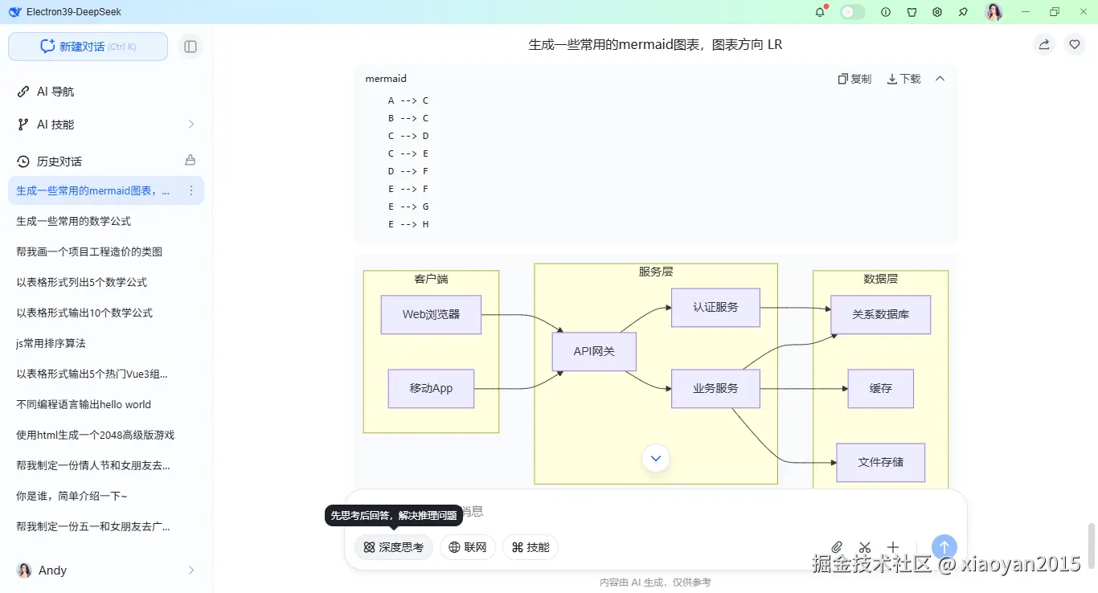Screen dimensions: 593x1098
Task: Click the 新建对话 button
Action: (88, 47)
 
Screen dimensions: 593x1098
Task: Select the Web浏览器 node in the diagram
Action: (431, 314)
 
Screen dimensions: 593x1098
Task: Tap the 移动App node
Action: (431, 388)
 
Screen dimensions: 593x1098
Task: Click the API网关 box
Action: (594, 351)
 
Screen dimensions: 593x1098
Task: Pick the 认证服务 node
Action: (715, 307)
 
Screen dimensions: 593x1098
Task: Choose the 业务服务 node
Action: (715, 388)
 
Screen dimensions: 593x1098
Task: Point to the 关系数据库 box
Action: (880, 314)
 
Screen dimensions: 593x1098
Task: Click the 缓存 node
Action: (880, 388)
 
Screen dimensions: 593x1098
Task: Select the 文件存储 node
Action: (880, 462)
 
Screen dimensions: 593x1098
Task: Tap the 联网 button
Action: (468, 547)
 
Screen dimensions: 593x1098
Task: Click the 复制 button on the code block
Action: (854, 79)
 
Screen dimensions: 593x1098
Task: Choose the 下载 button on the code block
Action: (903, 79)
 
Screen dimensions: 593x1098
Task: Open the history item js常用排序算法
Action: (51, 343)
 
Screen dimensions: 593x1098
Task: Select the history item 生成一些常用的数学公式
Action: (73, 221)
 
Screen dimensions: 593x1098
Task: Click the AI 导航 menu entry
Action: (55, 92)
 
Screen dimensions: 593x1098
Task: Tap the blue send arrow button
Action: (944, 547)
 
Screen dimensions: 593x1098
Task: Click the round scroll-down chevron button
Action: (656, 458)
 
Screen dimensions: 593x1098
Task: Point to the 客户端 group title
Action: (431, 279)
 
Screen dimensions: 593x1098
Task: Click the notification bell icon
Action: (820, 12)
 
